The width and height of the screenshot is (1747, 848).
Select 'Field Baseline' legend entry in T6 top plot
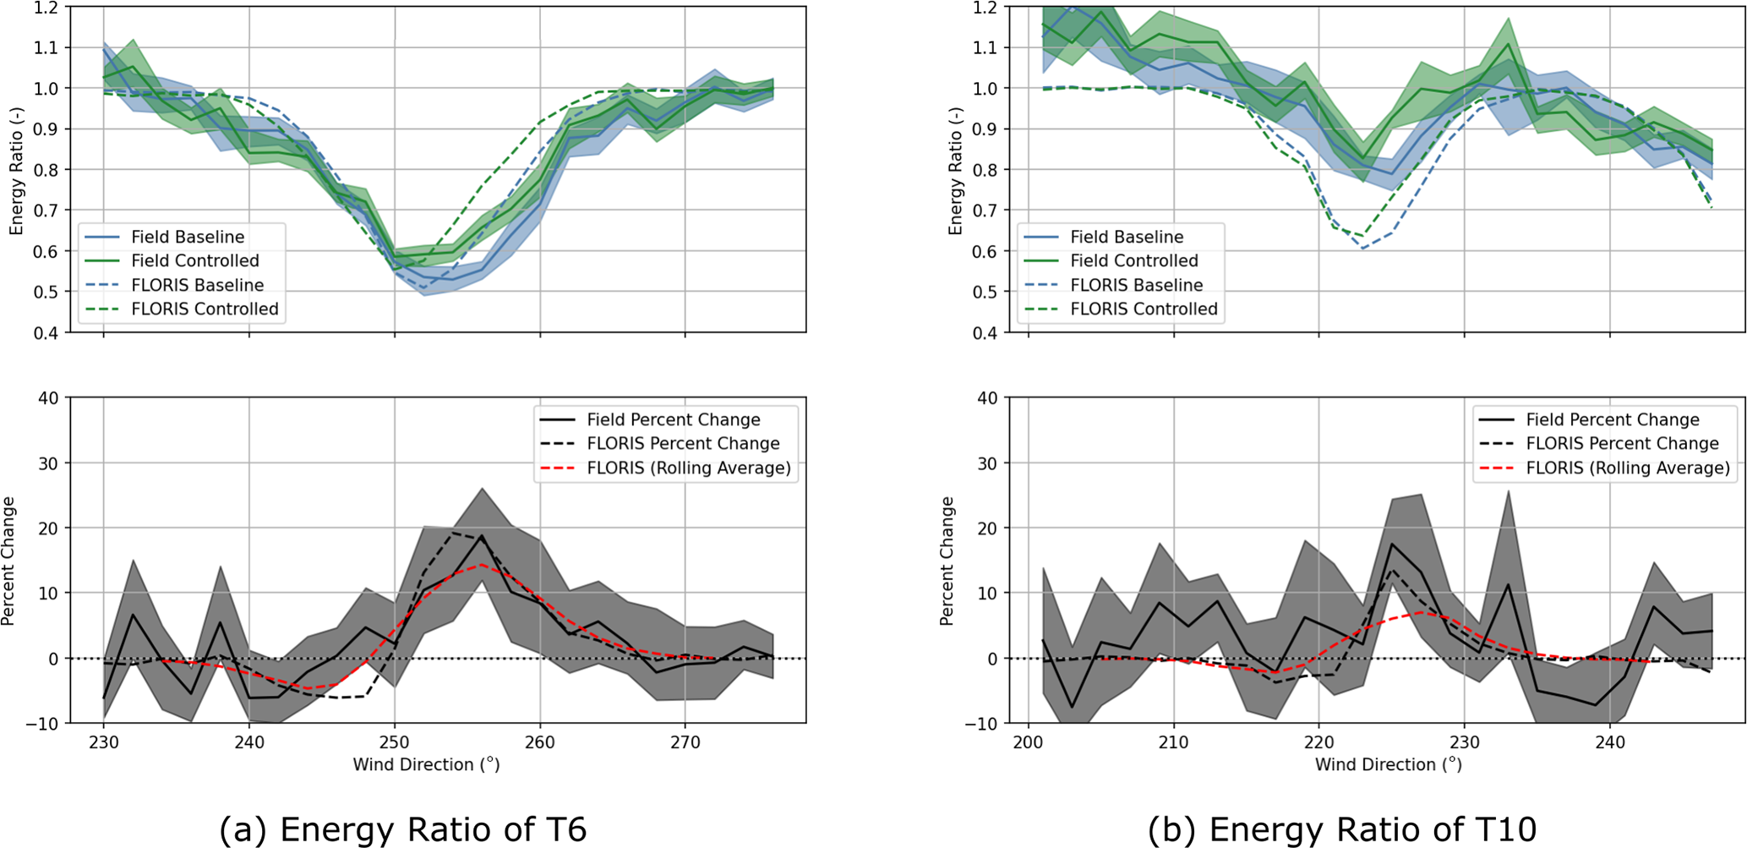tap(188, 238)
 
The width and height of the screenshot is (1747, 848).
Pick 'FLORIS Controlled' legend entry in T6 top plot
tap(205, 309)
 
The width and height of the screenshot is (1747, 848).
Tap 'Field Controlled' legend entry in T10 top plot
tap(1134, 261)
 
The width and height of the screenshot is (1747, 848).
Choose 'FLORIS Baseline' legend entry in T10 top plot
tap(1137, 286)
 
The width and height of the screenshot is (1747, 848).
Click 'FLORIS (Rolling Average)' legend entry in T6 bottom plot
tap(689, 468)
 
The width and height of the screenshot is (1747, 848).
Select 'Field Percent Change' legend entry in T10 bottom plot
tap(1613, 420)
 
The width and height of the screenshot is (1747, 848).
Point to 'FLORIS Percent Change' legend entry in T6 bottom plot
tap(683, 444)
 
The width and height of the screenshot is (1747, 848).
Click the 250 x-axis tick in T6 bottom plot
tap(395, 742)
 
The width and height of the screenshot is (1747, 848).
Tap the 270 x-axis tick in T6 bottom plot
tap(685, 742)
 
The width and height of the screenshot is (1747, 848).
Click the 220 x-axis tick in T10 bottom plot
tap(1318, 742)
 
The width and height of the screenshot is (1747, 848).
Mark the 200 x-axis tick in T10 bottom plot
tap(1028, 742)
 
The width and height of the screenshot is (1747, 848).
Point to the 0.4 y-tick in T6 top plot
tap(46, 333)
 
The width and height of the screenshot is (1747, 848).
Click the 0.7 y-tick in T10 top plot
tap(985, 211)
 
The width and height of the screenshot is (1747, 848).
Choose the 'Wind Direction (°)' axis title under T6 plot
tap(426, 765)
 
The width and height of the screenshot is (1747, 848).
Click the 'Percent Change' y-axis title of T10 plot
tap(947, 561)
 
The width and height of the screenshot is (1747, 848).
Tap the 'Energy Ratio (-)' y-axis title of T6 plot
tap(16, 172)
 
